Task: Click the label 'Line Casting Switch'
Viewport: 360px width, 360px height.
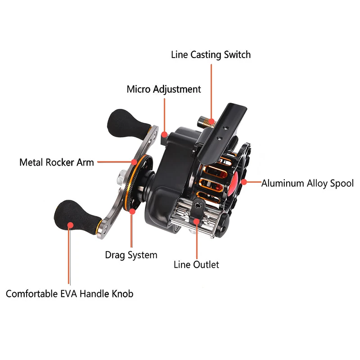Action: [211, 55]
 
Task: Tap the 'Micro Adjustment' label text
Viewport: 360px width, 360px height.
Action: [164, 89]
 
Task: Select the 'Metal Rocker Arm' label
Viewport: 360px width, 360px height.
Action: [57, 162]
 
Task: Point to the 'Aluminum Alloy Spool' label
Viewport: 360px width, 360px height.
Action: [307, 184]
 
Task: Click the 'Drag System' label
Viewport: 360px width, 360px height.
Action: [131, 255]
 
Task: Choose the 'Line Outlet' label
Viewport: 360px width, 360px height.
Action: [196, 265]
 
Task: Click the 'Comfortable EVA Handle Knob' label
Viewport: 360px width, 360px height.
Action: [70, 294]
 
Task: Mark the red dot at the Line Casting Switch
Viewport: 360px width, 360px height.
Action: [211, 121]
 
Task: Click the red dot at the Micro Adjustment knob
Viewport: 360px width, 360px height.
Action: [164, 134]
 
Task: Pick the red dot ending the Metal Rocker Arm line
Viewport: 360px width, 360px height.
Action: [134, 162]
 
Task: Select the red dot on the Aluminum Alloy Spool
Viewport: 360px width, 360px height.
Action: [244, 182]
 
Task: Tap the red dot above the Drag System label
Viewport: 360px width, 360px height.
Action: [132, 211]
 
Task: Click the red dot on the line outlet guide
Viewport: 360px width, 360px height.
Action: [197, 221]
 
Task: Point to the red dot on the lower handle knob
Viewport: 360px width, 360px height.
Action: [71, 225]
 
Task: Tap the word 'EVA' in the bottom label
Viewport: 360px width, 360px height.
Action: [69, 294]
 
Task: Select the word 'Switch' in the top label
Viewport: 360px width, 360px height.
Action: [238, 54]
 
